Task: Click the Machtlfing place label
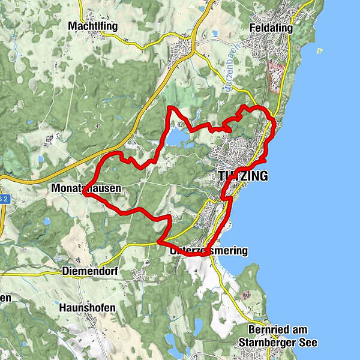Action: coord(92,26)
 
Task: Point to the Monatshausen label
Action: coord(86,188)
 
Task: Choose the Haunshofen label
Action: coord(87,307)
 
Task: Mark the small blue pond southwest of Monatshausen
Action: coord(46,221)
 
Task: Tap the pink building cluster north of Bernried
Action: coord(245,295)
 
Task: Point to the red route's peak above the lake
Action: coord(170,107)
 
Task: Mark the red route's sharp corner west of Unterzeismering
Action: coord(159,242)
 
